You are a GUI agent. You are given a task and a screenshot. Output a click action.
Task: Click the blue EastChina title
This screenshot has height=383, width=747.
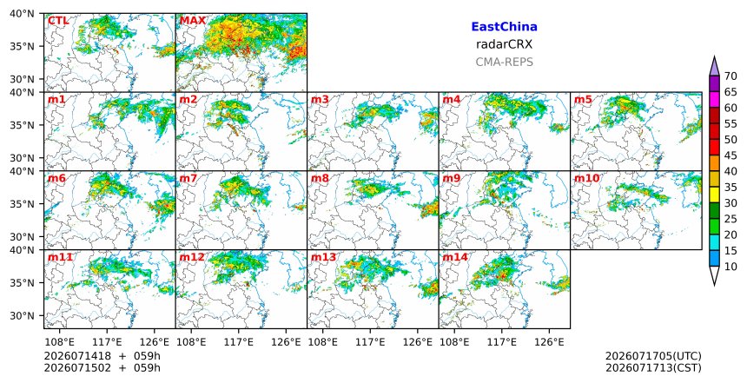click(x=504, y=27)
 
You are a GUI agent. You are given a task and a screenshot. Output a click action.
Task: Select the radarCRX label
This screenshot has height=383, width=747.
click(x=504, y=44)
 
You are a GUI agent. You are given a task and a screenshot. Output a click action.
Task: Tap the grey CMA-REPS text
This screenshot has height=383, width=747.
click(x=504, y=62)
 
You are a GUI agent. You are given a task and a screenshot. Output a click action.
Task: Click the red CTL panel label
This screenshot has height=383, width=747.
click(x=58, y=21)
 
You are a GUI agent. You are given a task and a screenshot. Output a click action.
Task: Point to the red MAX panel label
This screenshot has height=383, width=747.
click(x=193, y=21)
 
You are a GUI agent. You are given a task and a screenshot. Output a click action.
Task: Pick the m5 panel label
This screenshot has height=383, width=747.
click(x=583, y=100)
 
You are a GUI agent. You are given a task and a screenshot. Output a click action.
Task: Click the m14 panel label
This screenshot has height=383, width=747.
click(x=455, y=258)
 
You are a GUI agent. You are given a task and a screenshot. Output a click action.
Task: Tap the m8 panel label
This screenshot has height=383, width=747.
click(x=321, y=179)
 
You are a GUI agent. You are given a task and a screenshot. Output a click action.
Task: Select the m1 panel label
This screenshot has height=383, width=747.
click(x=56, y=100)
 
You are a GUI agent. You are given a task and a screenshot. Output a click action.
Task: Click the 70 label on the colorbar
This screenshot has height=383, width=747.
click(x=730, y=76)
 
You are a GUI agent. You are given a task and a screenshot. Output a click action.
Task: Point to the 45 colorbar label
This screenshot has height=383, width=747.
click(x=730, y=155)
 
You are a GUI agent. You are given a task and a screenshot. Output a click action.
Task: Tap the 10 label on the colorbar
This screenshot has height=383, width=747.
click(x=730, y=267)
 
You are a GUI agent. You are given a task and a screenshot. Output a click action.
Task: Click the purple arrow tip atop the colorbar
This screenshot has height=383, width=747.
click(x=714, y=56)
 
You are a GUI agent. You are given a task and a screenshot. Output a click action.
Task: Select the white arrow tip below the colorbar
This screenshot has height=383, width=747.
click(x=714, y=285)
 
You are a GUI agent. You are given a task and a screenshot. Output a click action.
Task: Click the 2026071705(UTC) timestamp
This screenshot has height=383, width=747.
click(x=653, y=356)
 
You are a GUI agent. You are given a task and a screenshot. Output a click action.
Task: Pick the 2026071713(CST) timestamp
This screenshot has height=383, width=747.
click(x=653, y=368)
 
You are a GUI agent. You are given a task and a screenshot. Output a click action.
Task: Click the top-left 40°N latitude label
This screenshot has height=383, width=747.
click(x=22, y=14)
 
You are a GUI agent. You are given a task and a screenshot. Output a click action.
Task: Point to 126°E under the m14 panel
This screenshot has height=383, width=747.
click(x=550, y=342)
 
